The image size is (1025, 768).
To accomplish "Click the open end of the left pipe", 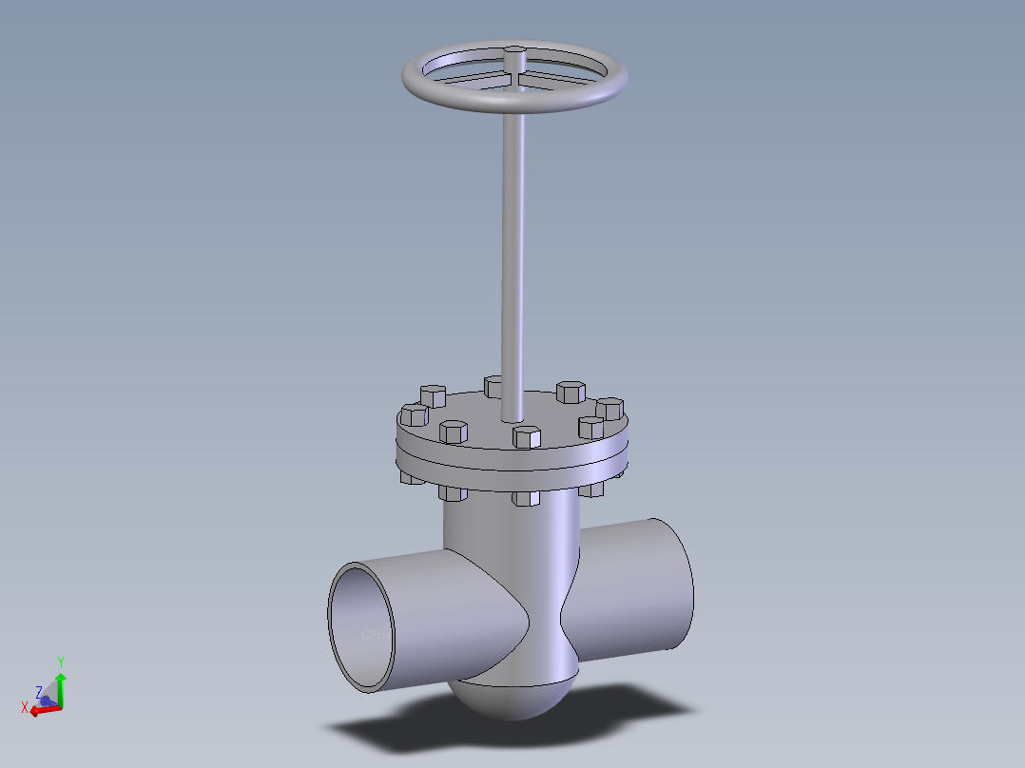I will (361, 627).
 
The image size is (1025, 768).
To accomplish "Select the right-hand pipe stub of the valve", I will (637, 589).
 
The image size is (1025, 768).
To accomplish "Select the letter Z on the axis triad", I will (39, 692).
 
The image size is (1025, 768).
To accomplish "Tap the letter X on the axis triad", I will (25, 706).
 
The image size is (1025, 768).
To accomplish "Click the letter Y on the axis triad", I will (60, 662).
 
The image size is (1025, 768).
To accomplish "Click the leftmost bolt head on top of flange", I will (414, 414).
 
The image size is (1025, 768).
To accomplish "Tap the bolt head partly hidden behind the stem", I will (493, 386).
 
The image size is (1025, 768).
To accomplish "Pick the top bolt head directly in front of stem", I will (526, 437).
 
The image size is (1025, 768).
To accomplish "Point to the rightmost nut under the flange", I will (591, 490).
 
